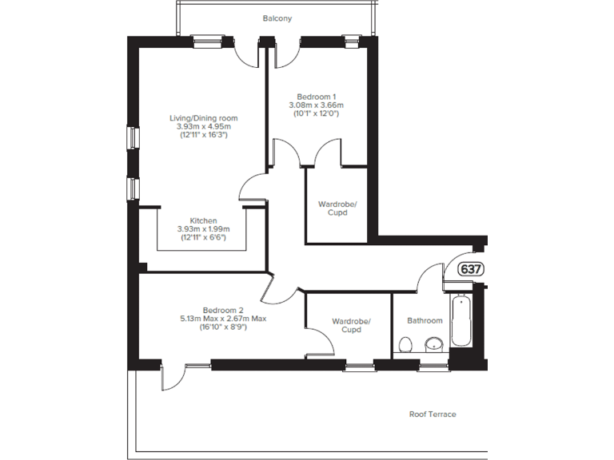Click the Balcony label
pyautogui.click(x=277, y=18)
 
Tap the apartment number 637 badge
pyautogui.click(x=471, y=269)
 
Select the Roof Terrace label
pyautogui.click(x=433, y=414)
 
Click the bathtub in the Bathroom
pyautogui.click(x=460, y=321)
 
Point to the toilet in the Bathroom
pyautogui.click(x=405, y=343)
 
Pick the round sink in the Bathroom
pyautogui.click(x=434, y=344)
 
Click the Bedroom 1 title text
pyautogui.click(x=316, y=96)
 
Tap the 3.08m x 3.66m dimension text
pyautogui.click(x=316, y=105)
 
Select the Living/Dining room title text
pyautogui.click(x=209, y=118)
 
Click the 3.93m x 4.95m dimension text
pyautogui.click(x=204, y=127)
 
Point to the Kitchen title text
pyautogui.click(x=203, y=220)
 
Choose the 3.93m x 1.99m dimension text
pyautogui.click(x=203, y=229)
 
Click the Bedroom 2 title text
pyautogui.click(x=223, y=310)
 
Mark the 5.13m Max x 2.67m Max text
pyautogui.click(x=223, y=319)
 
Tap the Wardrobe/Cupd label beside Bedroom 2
pyautogui.click(x=351, y=326)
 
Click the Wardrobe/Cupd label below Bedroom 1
pyautogui.click(x=337, y=208)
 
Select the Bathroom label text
pyautogui.click(x=425, y=321)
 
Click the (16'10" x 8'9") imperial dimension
pyautogui.click(x=223, y=327)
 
